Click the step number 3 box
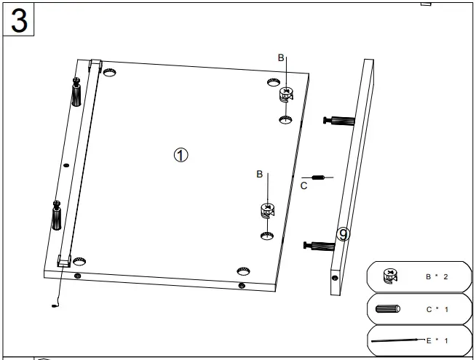pos(20,20)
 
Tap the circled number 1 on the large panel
pos(181,154)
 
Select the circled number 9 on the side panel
pos(344,234)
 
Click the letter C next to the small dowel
pos(304,185)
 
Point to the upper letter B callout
pos(282,57)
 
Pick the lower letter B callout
pos(259,175)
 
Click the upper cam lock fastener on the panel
pos(286,95)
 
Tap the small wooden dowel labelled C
pos(317,177)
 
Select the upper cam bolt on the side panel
pos(337,121)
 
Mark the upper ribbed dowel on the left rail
pos(76,93)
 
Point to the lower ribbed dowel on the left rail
pos(56,217)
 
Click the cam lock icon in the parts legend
pos(391,276)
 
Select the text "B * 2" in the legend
pos(437,277)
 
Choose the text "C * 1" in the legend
pos(437,309)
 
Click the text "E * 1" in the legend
pos(437,340)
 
